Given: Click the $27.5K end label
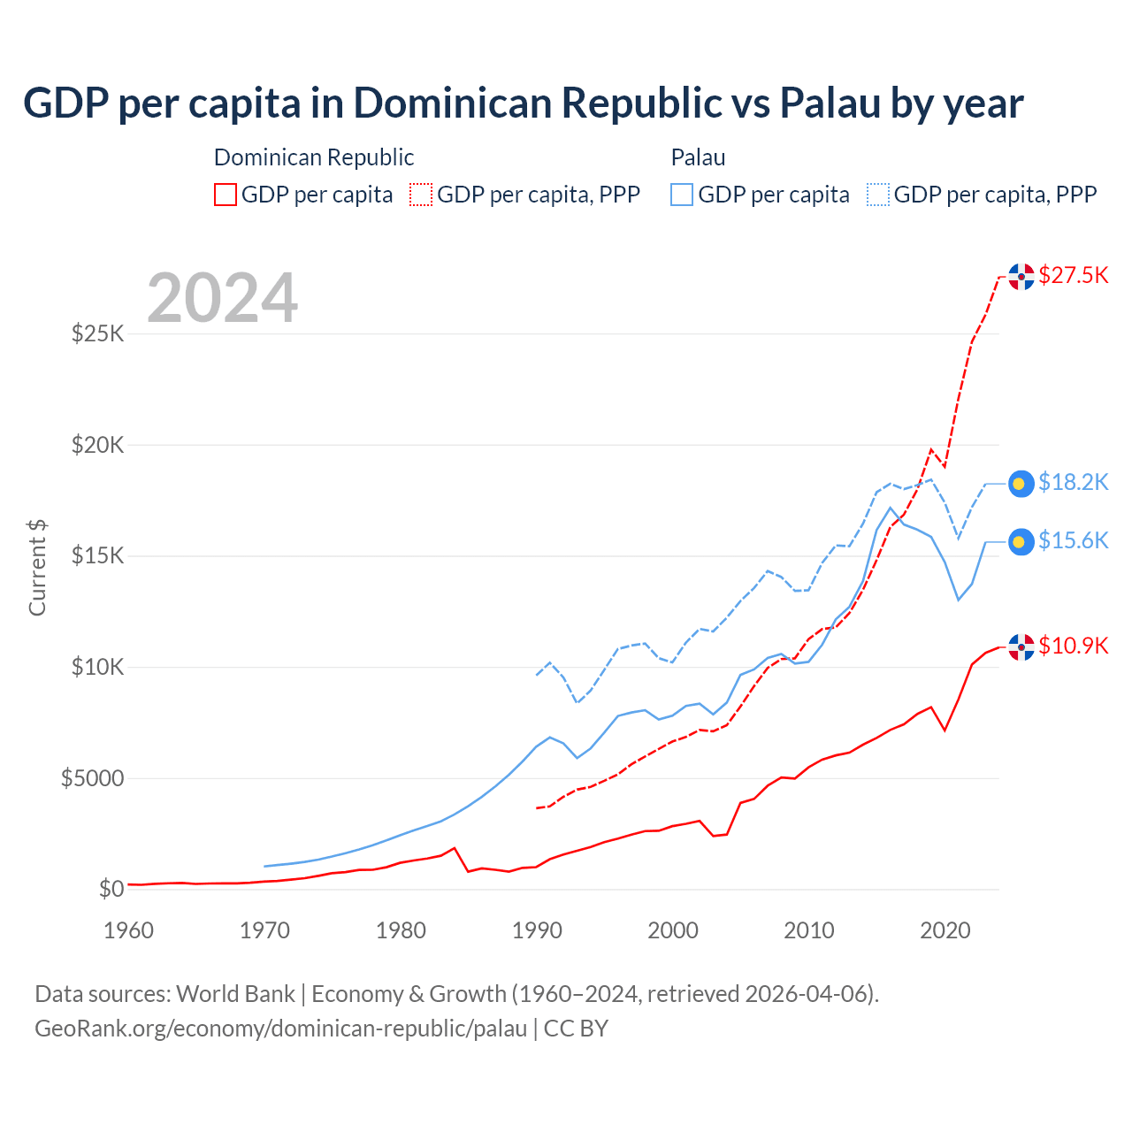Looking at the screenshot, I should (x=1073, y=275).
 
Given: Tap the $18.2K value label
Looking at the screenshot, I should (x=1073, y=482).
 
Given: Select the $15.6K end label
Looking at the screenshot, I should (x=1073, y=540).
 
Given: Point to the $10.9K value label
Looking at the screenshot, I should (x=1073, y=646).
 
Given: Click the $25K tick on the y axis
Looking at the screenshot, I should (x=97, y=333).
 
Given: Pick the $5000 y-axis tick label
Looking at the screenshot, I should (x=92, y=778).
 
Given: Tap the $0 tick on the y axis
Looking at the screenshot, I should (x=111, y=889).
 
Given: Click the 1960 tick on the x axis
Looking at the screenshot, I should (x=129, y=930).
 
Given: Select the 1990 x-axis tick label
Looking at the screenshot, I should (x=537, y=930).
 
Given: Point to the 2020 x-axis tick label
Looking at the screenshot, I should (x=945, y=930).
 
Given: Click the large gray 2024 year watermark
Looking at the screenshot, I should (x=222, y=298).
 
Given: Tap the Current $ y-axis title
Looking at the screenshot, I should (x=37, y=568).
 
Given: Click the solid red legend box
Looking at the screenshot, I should (x=226, y=195).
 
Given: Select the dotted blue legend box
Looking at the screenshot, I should (x=878, y=195).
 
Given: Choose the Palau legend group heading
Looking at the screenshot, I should (x=698, y=157).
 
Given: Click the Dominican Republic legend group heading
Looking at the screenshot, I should (x=314, y=157).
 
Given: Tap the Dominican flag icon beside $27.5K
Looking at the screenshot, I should (x=1021, y=277).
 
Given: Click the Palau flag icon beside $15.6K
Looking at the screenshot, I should (x=1021, y=541).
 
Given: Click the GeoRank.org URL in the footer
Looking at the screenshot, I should (x=280, y=1029).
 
